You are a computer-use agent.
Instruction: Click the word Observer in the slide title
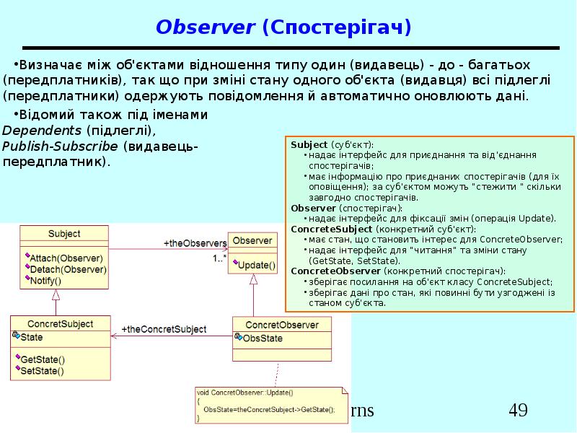206,27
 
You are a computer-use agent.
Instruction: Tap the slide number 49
518,411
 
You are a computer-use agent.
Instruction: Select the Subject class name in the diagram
64,234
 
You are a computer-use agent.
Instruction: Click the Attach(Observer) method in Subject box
66,258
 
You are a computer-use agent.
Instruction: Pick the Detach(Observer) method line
68,269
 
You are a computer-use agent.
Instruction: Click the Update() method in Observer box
256,265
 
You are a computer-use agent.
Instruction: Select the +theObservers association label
195,243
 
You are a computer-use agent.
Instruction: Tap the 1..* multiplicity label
219,258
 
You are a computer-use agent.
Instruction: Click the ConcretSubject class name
60,324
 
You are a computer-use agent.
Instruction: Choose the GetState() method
43,359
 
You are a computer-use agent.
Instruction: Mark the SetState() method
42,372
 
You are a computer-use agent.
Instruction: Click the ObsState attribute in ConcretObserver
263,338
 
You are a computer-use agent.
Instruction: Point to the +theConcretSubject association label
164,329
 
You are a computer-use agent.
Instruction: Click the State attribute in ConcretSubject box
32,337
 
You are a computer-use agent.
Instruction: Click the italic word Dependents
42,131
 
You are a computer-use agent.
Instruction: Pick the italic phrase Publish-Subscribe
60,146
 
